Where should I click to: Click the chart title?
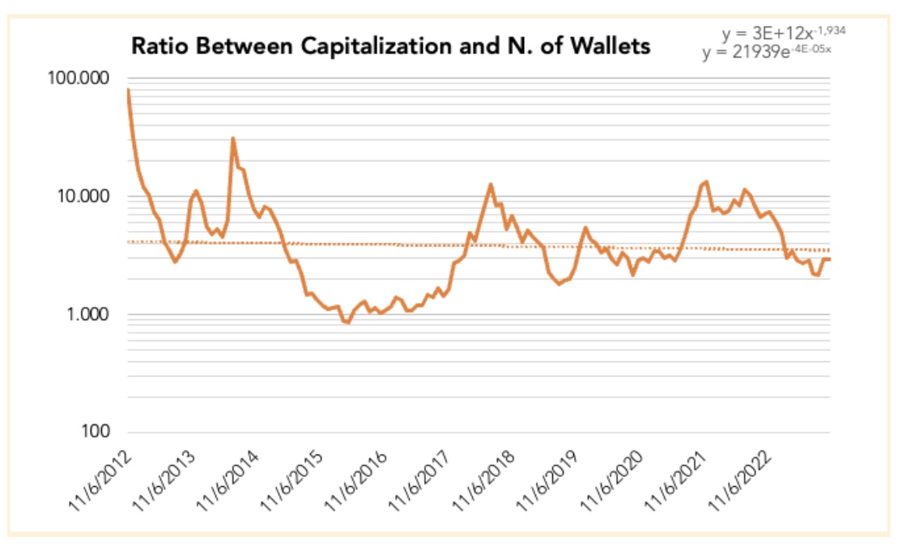click(x=390, y=46)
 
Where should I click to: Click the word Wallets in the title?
click(x=608, y=46)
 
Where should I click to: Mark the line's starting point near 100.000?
click(x=129, y=89)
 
